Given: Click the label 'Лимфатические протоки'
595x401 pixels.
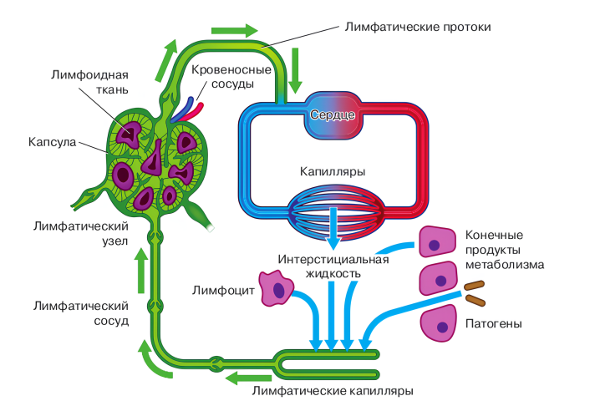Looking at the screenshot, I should [417, 26].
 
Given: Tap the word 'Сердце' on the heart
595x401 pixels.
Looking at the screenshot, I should [333, 114].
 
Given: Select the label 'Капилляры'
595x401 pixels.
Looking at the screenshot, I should [332, 172].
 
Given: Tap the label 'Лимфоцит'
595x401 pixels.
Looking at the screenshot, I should [223, 291].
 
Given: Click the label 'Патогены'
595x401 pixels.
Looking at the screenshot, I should [493, 322].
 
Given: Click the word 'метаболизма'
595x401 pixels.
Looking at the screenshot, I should [505, 265].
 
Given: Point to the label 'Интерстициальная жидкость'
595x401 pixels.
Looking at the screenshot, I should [333, 266].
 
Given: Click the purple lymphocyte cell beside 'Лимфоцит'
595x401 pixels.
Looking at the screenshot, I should [277, 289].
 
